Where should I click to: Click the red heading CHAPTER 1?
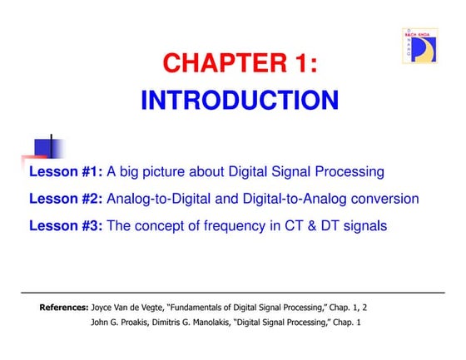coord(240,63)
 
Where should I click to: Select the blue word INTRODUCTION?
coord(240,101)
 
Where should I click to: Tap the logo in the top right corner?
coord(424,45)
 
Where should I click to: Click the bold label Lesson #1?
coord(66,172)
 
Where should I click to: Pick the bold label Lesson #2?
coord(66,199)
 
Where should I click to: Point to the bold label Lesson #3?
coord(66,225)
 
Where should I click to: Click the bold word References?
coord(64,308)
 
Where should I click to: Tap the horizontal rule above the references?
coord(233,293)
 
